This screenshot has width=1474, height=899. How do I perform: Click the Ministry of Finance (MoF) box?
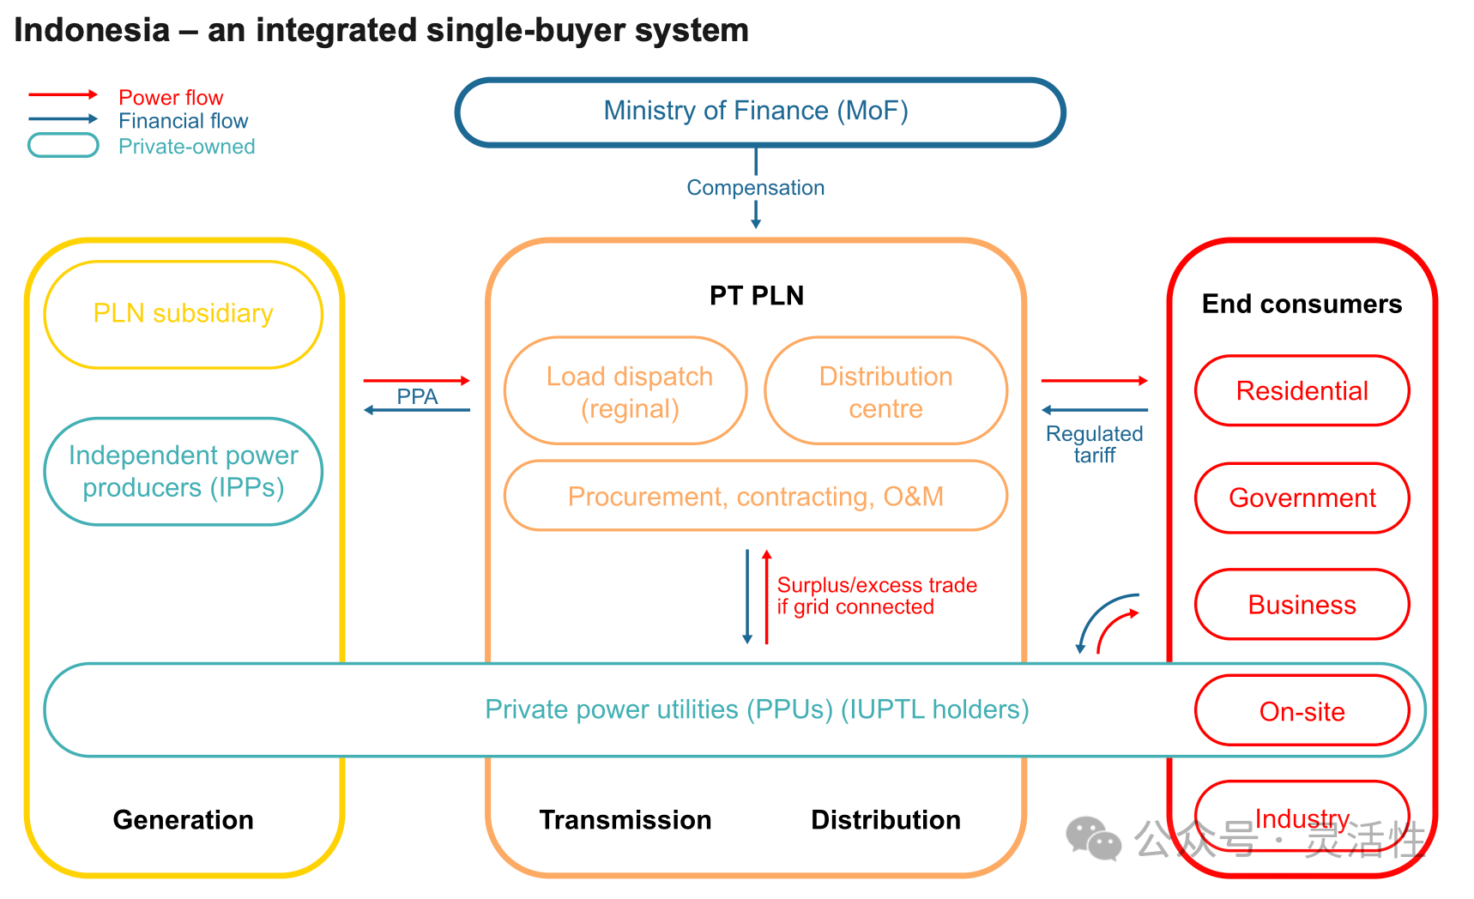[758, 112]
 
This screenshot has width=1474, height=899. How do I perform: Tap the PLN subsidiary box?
[183, 314]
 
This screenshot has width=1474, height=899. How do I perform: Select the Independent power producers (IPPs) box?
[183, 471]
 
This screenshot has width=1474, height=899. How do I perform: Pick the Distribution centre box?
[885, 391]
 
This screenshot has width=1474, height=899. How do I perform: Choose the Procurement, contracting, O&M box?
[755, 496]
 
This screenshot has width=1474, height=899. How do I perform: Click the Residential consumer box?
[1302, 391]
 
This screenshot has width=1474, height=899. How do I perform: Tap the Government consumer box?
[1302, 498]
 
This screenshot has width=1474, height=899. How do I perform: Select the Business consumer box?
[1302, 605]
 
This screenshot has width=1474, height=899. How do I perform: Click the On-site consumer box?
[1302, 711]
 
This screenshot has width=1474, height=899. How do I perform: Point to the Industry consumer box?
[1302, 817]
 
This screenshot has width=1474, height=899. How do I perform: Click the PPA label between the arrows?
[417, 396]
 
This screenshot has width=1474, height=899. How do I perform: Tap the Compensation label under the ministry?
[755, 188]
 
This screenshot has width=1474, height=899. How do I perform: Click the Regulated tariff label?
[1094, 444]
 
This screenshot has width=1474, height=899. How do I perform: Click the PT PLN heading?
[756, 296]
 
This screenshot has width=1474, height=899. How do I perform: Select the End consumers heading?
[1302, 304]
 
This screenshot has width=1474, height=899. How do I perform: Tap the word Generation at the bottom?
[183, 820]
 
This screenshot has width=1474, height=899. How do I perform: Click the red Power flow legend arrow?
[63, 94]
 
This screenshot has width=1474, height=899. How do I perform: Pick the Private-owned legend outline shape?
[63, 146]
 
